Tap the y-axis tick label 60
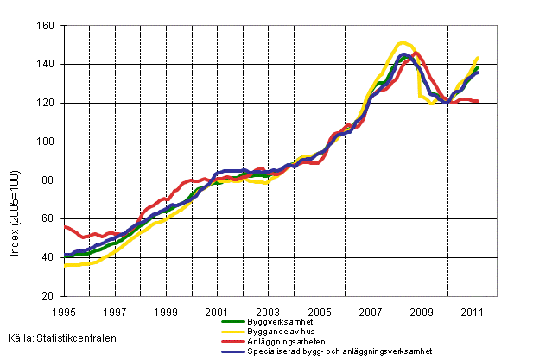48,219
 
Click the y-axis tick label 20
48,296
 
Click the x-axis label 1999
166,311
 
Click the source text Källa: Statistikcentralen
64,338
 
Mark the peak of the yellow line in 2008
403,42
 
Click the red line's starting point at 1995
65,226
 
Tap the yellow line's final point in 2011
478,58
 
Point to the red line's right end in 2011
479,102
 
